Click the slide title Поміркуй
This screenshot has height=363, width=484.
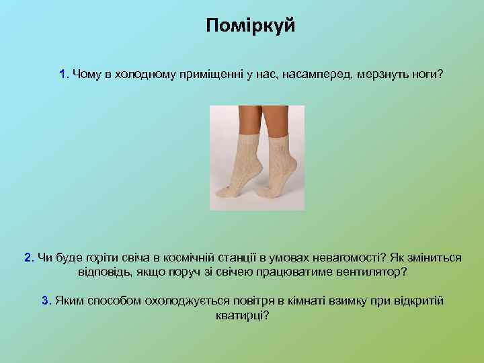tap(251, 27)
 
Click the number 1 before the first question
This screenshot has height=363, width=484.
tap(63, 73)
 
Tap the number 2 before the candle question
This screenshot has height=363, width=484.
tap(28, 257)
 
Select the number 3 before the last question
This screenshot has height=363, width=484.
tap(46, 300)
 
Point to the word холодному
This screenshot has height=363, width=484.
tap(142, 73)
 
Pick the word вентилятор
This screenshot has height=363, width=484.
tap(370, 273)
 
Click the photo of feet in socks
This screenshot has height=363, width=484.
tap(257, 158)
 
